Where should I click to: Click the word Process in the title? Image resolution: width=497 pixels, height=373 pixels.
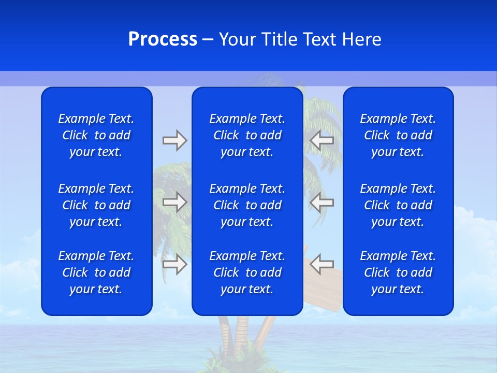coord(163,39)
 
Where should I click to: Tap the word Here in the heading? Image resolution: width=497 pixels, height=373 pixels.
coord(361,39)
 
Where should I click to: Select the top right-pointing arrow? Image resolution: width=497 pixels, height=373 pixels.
coord(174,140)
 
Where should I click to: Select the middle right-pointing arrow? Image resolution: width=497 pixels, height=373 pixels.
coord(174,202)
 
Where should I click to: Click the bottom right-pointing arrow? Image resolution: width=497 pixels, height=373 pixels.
coord(174,264)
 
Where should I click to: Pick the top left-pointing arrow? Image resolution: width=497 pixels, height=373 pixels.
coord(322,140)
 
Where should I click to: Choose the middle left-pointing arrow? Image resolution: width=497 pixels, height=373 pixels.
coord(322,202)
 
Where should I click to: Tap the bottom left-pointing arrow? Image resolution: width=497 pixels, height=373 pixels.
coord(322,264)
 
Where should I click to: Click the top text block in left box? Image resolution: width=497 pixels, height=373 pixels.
coord(96,135)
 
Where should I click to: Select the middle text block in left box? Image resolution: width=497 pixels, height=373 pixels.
coord(96,205)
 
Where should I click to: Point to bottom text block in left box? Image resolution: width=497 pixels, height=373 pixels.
coord(96,272)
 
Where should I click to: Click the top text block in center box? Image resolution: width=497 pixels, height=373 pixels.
coord(247,135)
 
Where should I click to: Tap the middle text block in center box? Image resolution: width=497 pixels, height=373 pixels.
coord(247,205)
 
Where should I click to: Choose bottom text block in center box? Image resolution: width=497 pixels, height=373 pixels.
coord(247,272)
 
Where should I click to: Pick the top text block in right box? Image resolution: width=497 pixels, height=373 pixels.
coord(398,135)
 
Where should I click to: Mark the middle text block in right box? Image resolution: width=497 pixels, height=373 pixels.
coord(398,205)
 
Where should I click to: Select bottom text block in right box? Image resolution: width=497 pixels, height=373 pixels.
coord(398,272)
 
